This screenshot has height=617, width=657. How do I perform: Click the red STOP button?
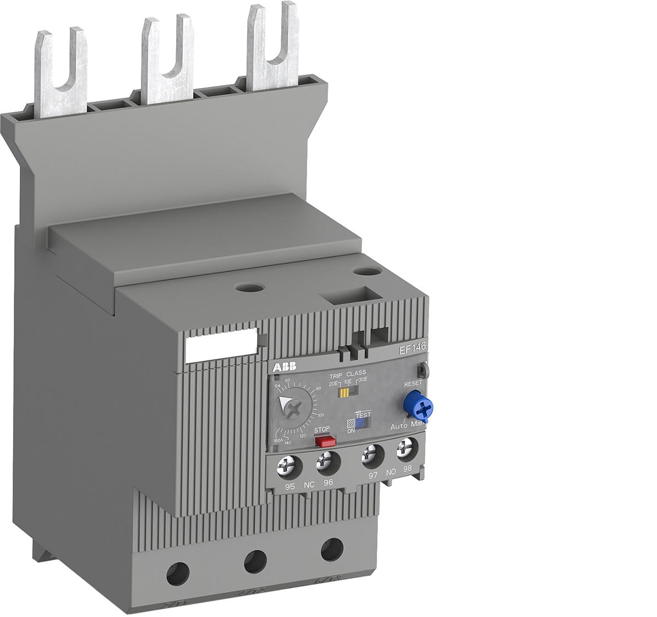pyautogui.click(x=325, y=441)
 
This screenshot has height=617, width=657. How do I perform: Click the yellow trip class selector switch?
pyautogui.click(x=345, y=393)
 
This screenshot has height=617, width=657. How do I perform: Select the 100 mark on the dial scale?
pyautogui.click(x=321, y=415)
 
